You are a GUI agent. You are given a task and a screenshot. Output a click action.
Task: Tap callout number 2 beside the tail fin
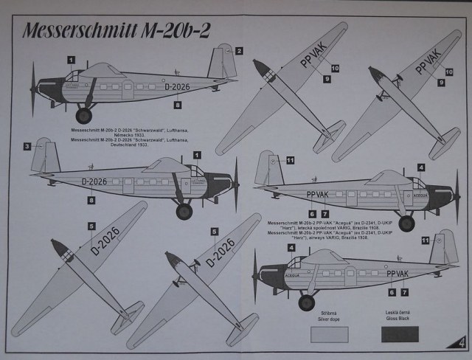[239, 51]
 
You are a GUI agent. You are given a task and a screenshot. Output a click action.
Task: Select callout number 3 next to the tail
[27, 146]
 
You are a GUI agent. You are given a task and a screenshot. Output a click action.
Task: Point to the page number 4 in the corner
[461, 342]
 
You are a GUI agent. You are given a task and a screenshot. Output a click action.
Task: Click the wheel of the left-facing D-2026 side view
[84, 115]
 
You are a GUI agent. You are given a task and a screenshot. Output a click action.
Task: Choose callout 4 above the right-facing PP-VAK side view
[420, 167]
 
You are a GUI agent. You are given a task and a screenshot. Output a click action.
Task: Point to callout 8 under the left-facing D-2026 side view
[177, 105]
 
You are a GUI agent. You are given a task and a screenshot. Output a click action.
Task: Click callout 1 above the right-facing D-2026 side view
[198, 154]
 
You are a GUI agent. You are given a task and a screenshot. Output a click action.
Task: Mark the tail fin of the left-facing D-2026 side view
[221, 63]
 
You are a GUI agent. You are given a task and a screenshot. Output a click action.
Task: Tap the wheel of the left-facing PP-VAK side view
[307, 302]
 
